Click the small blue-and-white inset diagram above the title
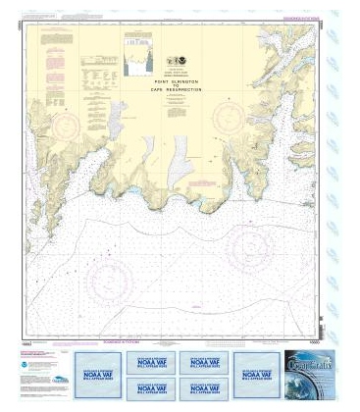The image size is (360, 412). pyautogui.click(x=137, y=55)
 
